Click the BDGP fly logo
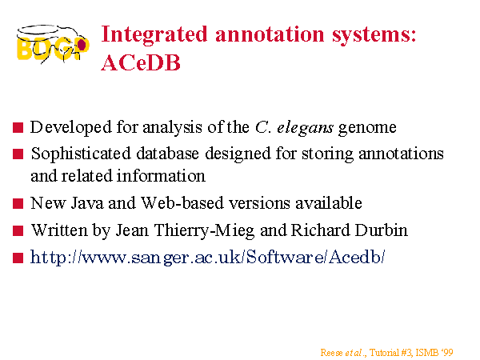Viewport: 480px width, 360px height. [x=53, y=45]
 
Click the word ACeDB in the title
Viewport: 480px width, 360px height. [x=141, y=63]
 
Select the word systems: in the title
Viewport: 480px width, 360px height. [x=374, y=35]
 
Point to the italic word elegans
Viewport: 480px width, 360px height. [x=305, y=128]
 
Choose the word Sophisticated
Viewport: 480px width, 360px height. [x=81, y=154]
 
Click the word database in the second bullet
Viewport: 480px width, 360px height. [x=167, y=153]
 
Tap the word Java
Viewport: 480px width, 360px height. [x=87, y=203]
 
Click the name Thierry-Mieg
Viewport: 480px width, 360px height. [x=204, y=231]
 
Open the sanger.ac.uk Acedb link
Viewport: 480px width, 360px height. [x=207, y=257]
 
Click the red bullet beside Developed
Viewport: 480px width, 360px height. [x=18, y=128]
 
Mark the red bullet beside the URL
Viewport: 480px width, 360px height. [x=18, y=258]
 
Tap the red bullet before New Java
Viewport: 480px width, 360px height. [x=18, y=203]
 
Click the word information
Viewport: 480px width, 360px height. [x=161, y=176]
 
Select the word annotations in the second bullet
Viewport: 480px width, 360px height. [x=401, y=154]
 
